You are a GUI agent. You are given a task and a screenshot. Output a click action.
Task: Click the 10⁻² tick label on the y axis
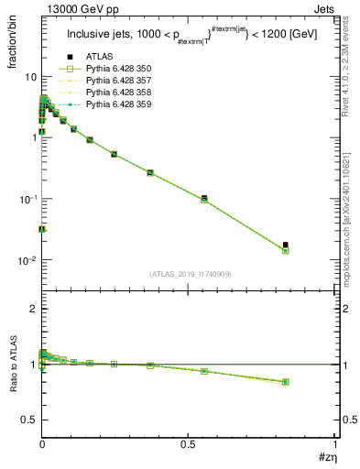point(27,261)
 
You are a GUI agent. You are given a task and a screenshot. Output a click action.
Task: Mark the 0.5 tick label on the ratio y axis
point(28,420)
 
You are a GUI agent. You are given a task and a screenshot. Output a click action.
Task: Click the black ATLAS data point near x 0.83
point(286,245)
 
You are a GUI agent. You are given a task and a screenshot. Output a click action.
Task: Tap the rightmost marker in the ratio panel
point(286,382)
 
